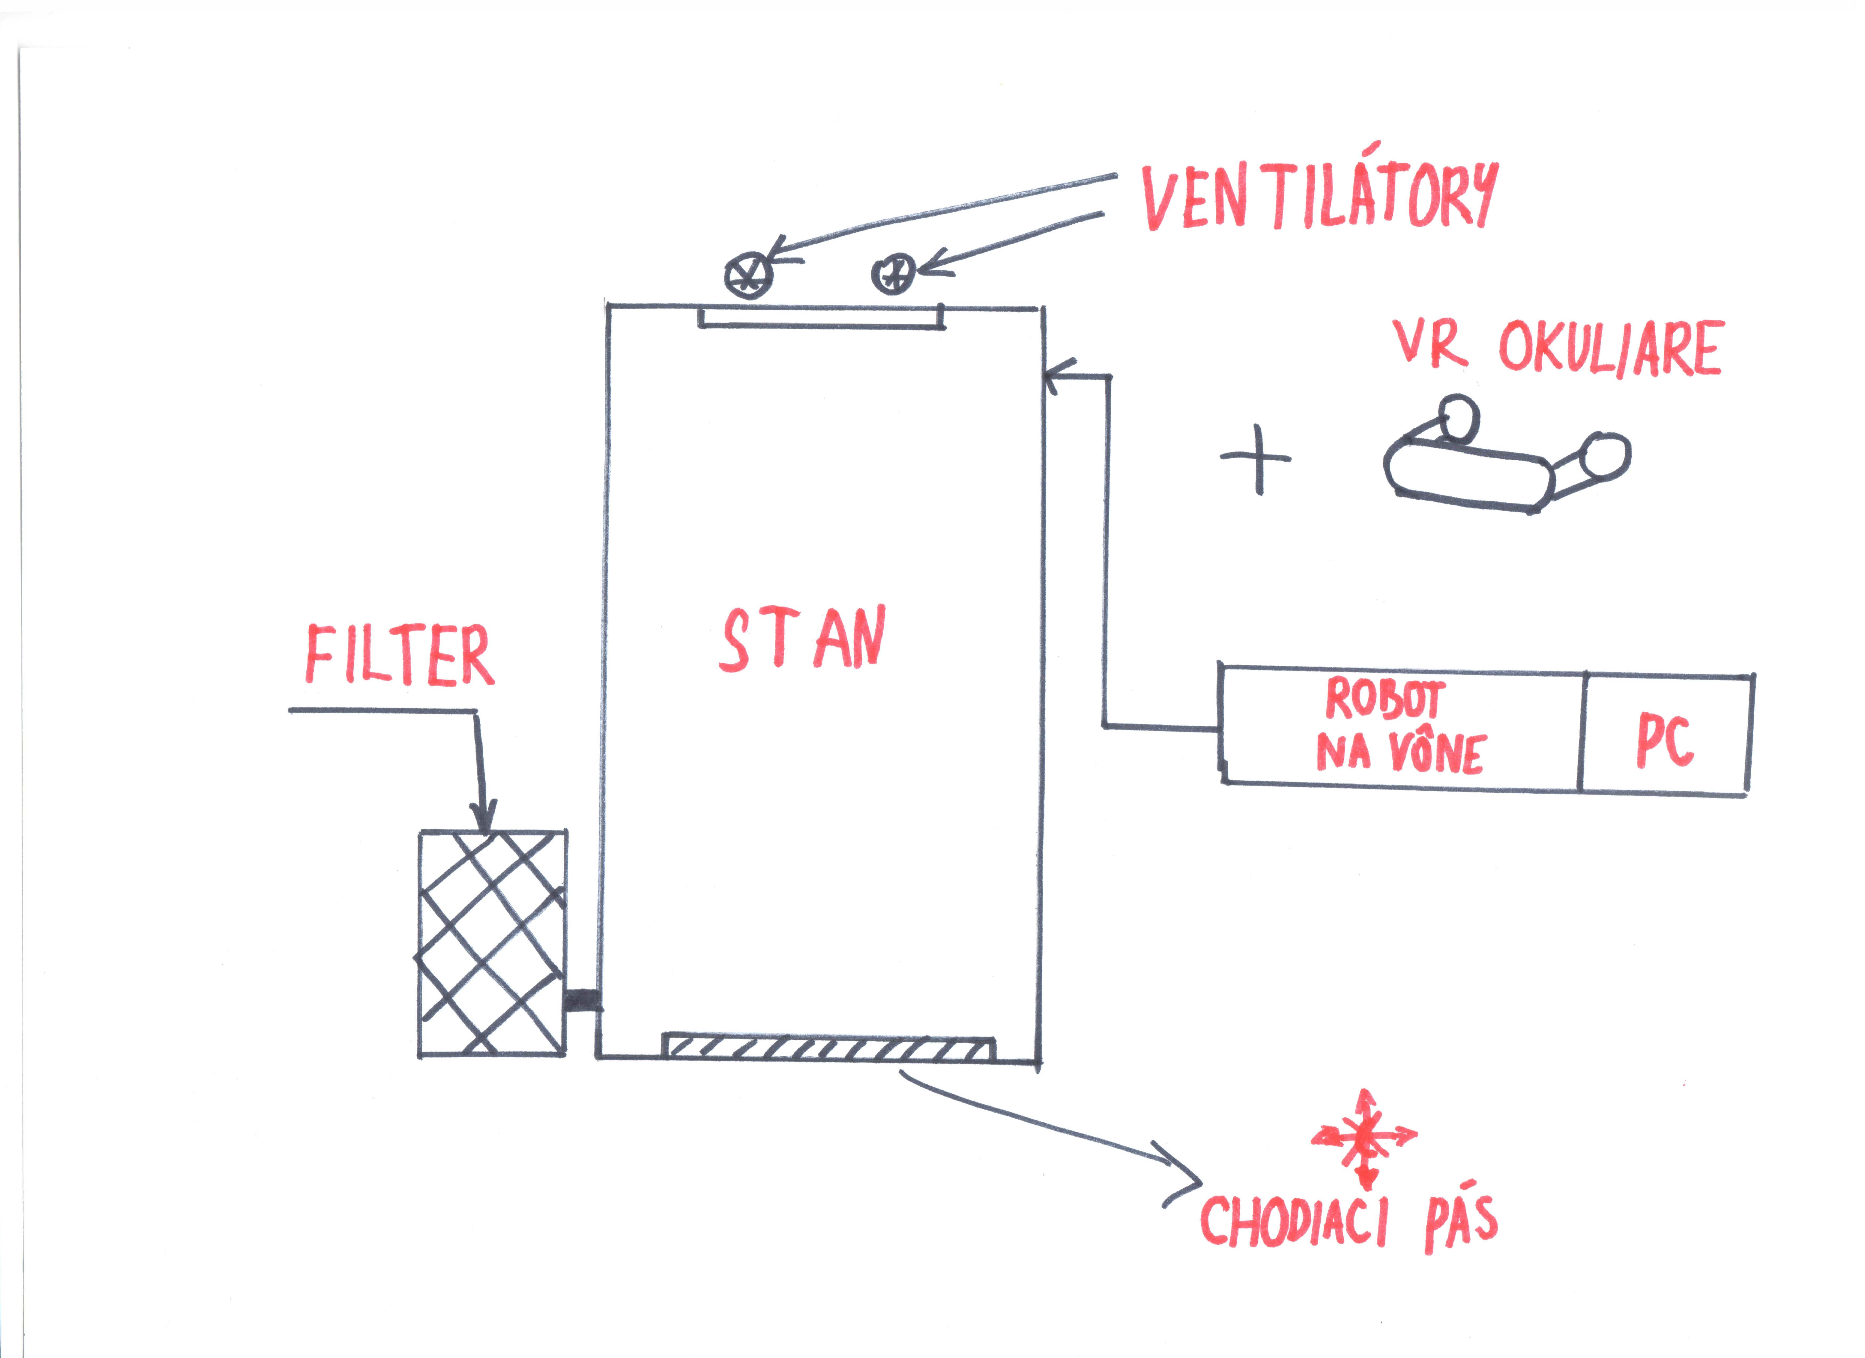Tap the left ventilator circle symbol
click(749, 274)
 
